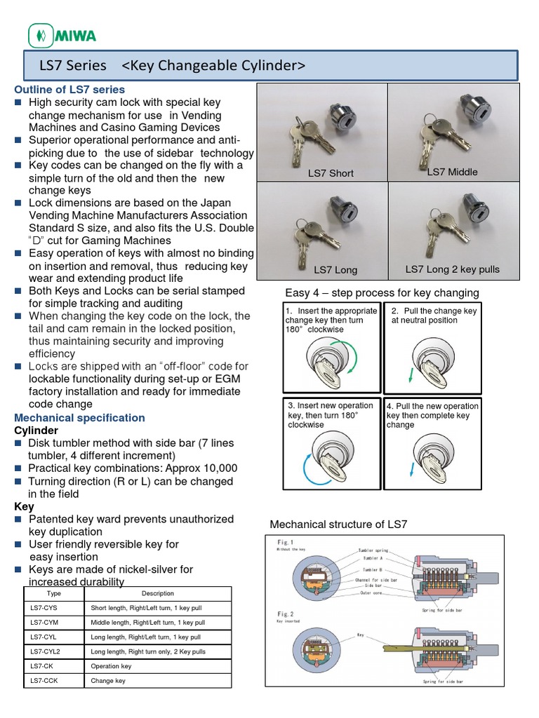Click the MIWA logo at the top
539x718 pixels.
pos(62,34)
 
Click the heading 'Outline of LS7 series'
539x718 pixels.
pos(69,89)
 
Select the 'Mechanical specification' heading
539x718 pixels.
pos(79,418)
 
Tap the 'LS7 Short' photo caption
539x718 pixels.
pos(331,173)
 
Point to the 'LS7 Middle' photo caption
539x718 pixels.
pos(452,172)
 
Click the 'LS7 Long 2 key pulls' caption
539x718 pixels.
pos(453,269)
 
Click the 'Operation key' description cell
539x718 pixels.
pos(111,666)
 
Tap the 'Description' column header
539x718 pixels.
pos(157,593)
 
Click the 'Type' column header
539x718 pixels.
pos(53,593)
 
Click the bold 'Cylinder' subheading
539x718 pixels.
pos(36,430)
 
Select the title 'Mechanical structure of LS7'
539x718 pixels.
pos(338,524)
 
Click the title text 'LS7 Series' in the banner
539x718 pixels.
pos(74,66)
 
